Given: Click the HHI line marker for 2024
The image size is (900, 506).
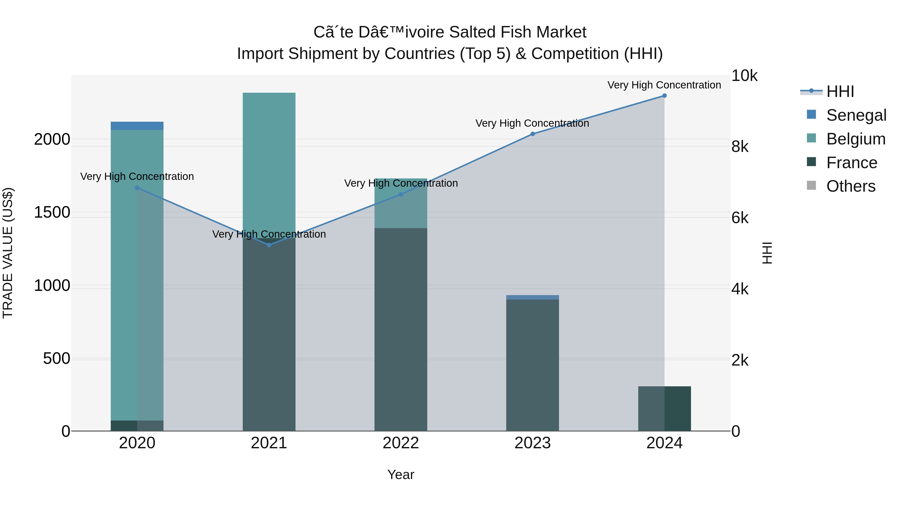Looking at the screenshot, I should [x=664, y=96].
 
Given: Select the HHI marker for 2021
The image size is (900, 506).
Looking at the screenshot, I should [x=269, y=245].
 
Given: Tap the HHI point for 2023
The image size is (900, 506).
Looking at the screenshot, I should [x=532, y=134].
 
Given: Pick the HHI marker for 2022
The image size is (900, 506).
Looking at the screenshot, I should [x=401, y=194].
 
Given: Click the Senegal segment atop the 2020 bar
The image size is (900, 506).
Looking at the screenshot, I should [x=137, y=126].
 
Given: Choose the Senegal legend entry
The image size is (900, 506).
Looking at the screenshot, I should [x=856, y=115].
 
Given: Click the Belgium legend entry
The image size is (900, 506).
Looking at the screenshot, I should [x=856, y=139].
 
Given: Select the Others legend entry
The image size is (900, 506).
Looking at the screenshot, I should [x=851, y=186].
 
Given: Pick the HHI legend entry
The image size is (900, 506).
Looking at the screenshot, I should [x=840, y=91].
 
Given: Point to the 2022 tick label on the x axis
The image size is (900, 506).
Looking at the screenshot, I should [x=401, y=443].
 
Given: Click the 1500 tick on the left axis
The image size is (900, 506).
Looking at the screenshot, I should [x=52, y=212].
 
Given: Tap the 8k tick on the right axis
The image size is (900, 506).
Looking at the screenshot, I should [x=740, y=147].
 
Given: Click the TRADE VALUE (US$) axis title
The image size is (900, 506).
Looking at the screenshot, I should [x=8, y=253].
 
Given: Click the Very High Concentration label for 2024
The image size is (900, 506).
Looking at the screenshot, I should [x=664, y=85].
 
